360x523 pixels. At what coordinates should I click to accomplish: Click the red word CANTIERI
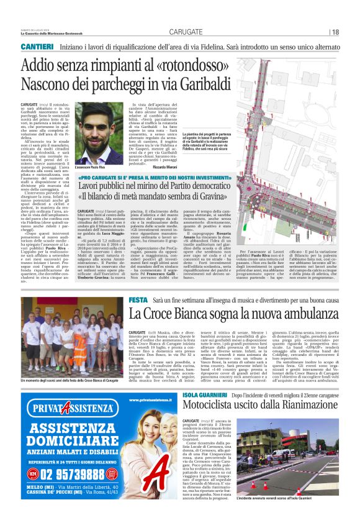39,47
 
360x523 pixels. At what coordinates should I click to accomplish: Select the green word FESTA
138,300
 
